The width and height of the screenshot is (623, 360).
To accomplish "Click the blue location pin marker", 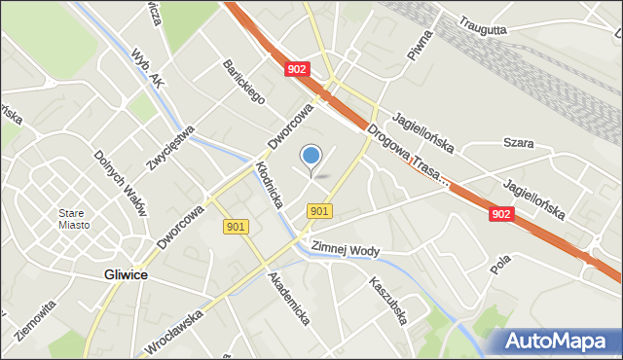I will coord(311,156).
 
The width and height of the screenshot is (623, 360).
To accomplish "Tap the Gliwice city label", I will coord(126,275).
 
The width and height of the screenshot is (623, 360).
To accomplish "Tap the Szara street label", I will coord(518,143).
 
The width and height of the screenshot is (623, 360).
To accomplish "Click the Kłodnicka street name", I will coord(269,184).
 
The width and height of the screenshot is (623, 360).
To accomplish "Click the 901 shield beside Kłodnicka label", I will coord(236,227).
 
